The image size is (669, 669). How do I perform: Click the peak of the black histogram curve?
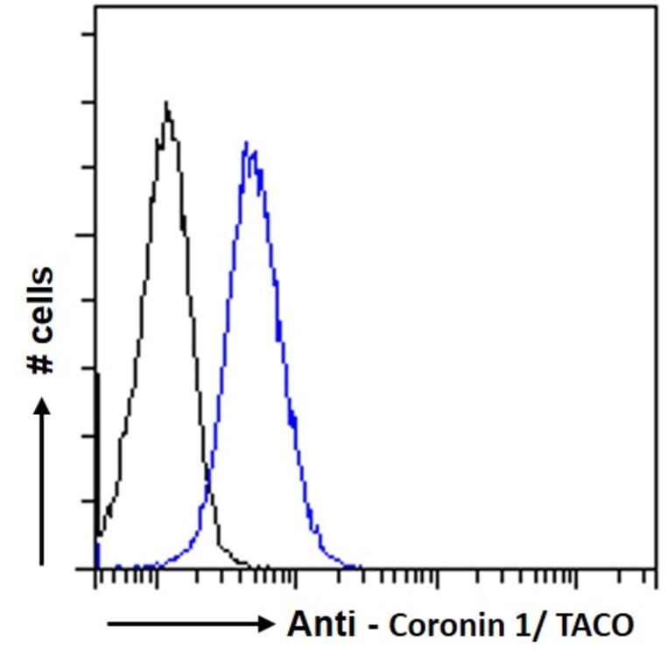click(165, 103)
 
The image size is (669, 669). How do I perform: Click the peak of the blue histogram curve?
click(246, 143)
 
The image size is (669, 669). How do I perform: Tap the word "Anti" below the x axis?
click(321, 625)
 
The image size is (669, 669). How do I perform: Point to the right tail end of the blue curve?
click(359, 567)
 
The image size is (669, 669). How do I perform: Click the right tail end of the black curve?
click(263, 567)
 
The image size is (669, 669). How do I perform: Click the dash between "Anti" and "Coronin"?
click(371, 627)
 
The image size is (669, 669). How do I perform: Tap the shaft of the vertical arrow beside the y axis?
click(41, 490)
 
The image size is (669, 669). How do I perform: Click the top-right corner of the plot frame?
click(656, 7)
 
